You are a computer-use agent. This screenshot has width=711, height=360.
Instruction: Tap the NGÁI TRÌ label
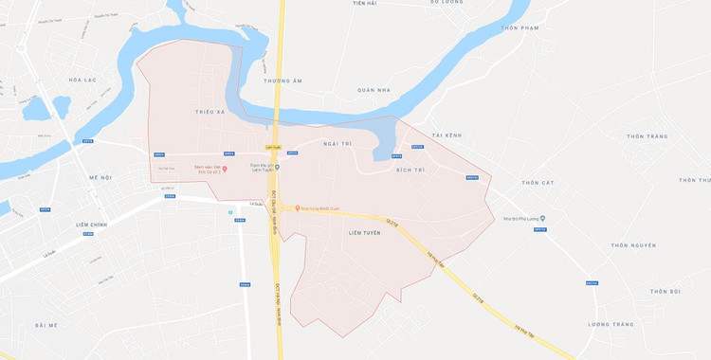coord(337,143)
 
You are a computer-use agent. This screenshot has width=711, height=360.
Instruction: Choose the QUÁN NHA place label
coord(374,90)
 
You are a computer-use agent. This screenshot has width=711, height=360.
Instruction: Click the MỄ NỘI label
coord(100,177)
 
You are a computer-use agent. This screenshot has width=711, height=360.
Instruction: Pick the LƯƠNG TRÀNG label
coord(610,324)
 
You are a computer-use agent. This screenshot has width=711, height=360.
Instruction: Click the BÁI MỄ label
coord(47,325)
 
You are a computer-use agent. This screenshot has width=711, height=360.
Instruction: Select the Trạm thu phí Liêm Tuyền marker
coord(278,169)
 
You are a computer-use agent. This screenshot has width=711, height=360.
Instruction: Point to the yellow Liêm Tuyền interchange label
coord(274,147)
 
